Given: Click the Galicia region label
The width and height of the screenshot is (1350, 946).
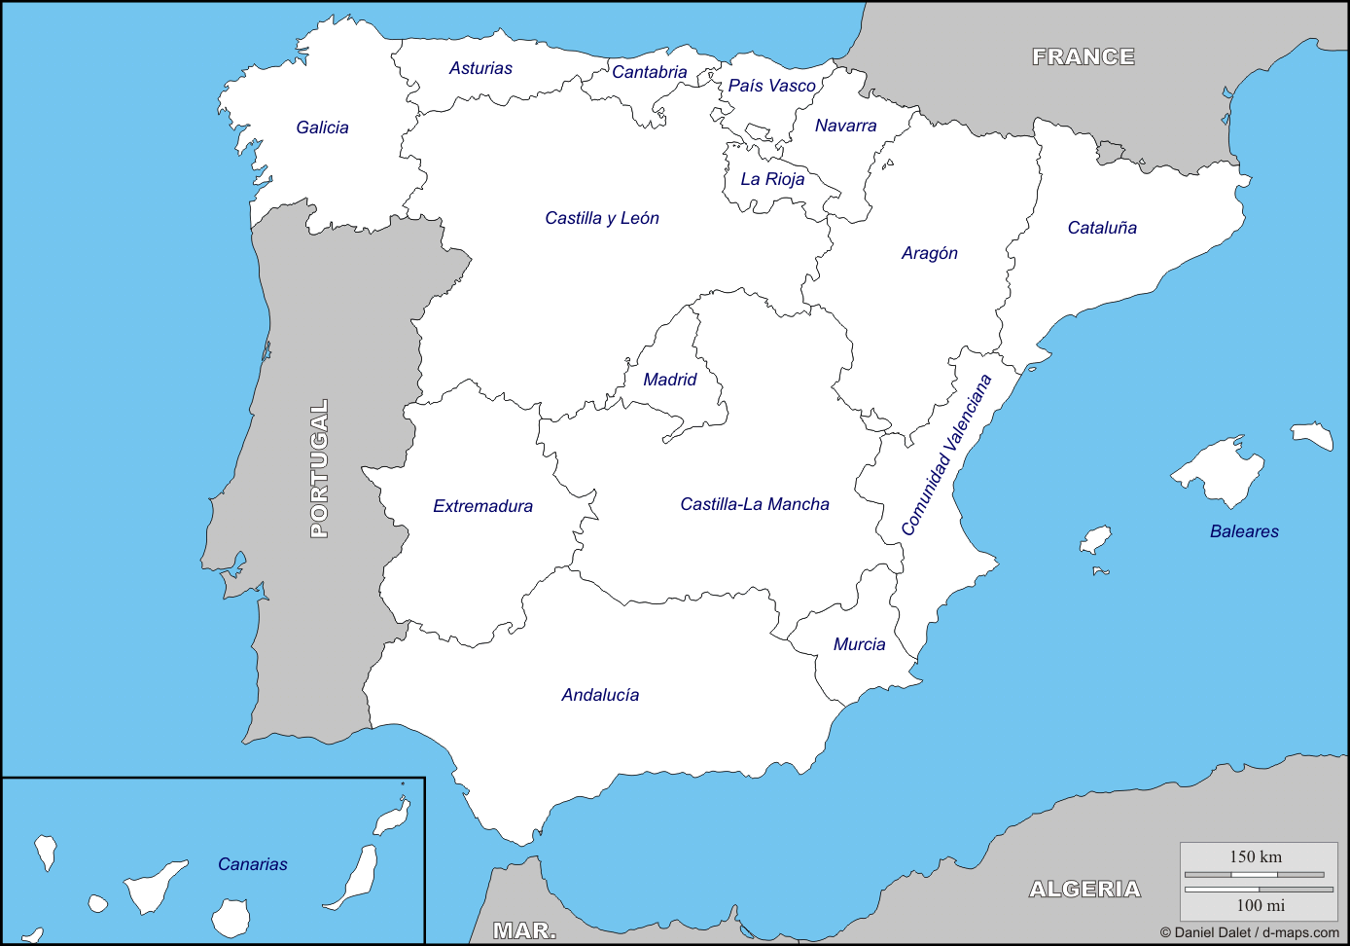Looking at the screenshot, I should click(x=322, y=127).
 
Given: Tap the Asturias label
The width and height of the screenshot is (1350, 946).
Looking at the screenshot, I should click(x=480, y=68).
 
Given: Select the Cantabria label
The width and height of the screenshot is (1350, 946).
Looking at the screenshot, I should click(x=649, y=72).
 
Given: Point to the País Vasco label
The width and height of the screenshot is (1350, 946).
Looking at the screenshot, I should click(x=771, y=86).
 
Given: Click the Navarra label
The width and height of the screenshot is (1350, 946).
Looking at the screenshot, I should click(x=845, y=126).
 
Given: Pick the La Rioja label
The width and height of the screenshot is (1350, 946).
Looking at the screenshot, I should click(x=772, y=179).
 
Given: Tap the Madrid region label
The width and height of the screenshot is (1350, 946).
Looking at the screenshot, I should click(x=670, y=380).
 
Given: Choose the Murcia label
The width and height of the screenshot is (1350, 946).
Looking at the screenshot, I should click(x=859, y=644).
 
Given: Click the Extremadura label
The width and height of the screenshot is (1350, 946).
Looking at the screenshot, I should click(x=482, y=506).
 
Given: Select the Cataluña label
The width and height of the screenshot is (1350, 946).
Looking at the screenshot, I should click(x=1102, y=228).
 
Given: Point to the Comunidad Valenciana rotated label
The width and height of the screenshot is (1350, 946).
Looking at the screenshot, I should click(x=946, y=455).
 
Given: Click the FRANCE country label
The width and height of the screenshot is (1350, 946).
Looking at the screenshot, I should click(x=1084, y=57).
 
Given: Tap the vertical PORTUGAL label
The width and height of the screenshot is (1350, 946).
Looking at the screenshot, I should click(x=319, y=468).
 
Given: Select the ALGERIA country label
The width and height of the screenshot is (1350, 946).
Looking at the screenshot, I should click(x=1084, y=889).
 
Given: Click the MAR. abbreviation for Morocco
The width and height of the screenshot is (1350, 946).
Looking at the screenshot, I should click(x=524, y=930).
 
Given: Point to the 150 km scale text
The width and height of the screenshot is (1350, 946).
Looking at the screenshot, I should click(x=1256, y=856).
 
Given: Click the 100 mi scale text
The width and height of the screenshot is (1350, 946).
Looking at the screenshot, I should click(x=1261, y=905).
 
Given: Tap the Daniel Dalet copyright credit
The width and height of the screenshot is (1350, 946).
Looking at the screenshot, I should click(x=1249, y=932).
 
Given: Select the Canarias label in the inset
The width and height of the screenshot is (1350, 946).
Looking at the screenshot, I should click(x=253, y=864).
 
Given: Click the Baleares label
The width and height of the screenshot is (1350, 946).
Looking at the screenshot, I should click(x=1244, y=531).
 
